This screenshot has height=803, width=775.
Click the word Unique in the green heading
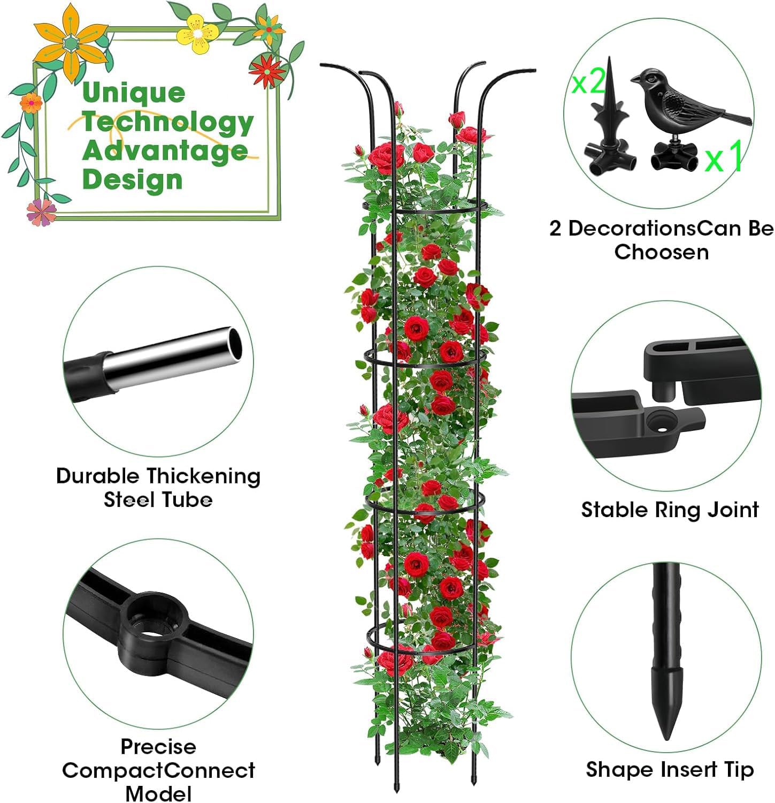(134, 94)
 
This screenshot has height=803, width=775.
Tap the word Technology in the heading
(167, 123)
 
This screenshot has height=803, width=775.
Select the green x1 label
(724, 157)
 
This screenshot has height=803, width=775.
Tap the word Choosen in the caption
(661, 252)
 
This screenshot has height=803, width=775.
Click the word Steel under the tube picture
(130, 500)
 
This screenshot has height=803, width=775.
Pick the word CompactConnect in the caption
(158, 771)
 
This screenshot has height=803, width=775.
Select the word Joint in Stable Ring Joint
(732, 510)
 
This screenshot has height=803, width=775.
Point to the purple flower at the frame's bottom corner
(41, 211)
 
